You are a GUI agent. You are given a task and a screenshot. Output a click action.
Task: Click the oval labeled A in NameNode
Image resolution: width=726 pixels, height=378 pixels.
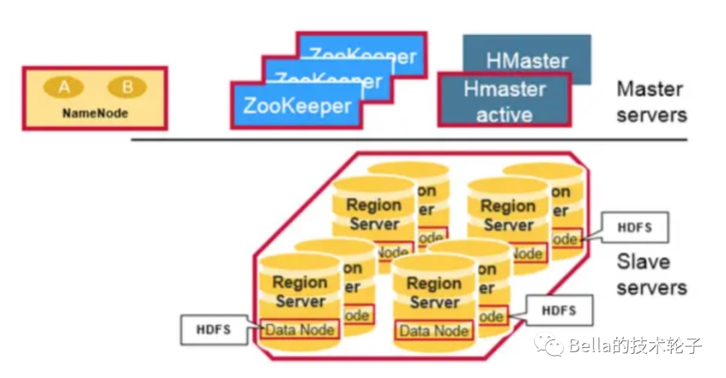pyautogui.click(x=64, y=87)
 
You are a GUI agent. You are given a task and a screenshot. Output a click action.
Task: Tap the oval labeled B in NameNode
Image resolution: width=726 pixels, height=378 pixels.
pyautogui.click(x=127, y=87)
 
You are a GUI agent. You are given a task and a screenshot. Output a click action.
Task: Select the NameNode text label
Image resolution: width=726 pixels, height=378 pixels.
pyautogui.click(x=95, y=113)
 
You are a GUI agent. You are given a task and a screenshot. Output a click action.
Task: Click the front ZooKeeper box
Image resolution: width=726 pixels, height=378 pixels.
pyautogui.click(x=296, y=105)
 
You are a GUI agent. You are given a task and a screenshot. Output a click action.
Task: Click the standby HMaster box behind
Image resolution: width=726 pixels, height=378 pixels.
pyautogui.click(x=527, y=54)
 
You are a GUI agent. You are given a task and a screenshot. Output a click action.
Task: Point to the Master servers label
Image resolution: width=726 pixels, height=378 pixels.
pyautogui.click(x=651, y=101)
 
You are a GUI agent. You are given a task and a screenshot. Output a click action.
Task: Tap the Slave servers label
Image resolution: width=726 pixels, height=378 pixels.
pyautogui.click(x=651, y=274)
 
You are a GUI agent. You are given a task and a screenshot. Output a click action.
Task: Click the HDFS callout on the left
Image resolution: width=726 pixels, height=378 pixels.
pyautogui.click(x=214, y=330)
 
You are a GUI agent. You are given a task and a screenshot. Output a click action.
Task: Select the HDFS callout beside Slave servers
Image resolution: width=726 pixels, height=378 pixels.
pyautogui.click(x=635, y=227)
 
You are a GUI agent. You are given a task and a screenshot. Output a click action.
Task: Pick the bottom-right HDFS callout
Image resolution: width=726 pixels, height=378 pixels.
pyautogui.click(x=559, y=311)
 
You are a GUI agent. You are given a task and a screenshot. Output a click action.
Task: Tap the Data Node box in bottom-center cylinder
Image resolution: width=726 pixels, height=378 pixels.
pyautogui.click(x=434, y=330)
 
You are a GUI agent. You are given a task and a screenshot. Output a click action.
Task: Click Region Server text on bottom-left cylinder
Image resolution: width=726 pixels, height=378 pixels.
pyautogui.click(x=300, y=292)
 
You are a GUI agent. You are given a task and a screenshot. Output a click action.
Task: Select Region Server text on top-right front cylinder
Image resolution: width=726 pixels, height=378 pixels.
pyautogui.click(x=508, y=215)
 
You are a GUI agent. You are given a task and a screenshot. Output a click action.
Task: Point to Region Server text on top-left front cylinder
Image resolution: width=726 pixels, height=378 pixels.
pyautogui.click(x=374, y=214)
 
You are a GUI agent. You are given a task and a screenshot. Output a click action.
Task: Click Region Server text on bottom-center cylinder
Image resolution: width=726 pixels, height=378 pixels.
pyautogui.click(x=434, y=293)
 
